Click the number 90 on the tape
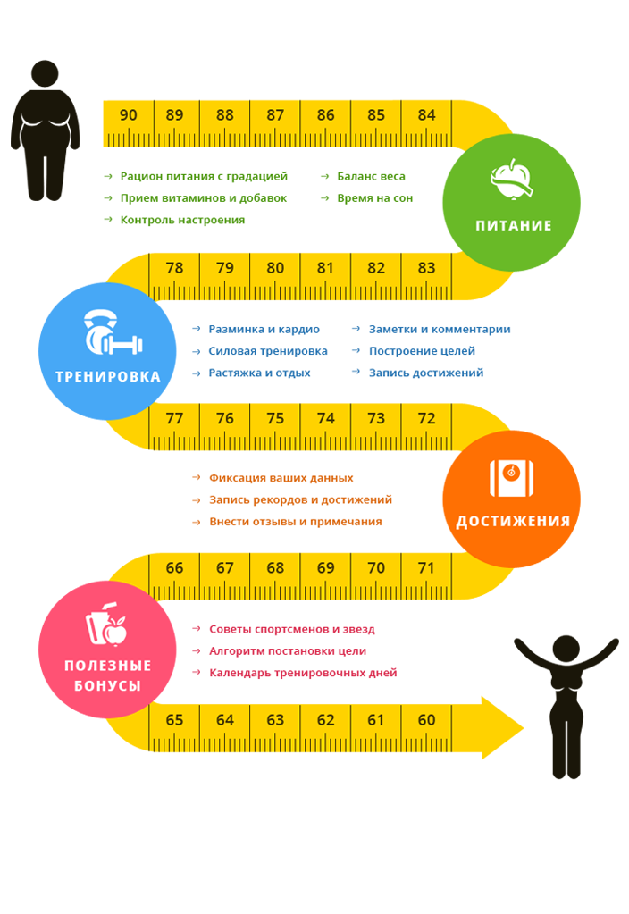tap(128, 115)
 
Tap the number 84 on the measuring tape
tap(426, 115)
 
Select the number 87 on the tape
tap(275, 115)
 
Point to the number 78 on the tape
tap(175, 268)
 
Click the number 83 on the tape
tap(426, 268)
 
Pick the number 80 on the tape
tap(275, 268)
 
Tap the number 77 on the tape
tap(175, 418)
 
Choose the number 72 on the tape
tap(426, 418)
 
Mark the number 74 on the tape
tap(326, 418)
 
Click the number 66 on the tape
tap(175, 568)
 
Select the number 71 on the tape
tap(426, 568)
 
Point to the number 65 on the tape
tap(175, 720)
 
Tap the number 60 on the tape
tap(426, 720)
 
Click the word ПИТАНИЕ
tap(513, 226)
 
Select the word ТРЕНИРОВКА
tap(107, 377)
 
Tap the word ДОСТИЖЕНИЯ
tap(513, 522)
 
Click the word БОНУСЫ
tap(107, 686)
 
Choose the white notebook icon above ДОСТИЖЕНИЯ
tap(511, 477)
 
